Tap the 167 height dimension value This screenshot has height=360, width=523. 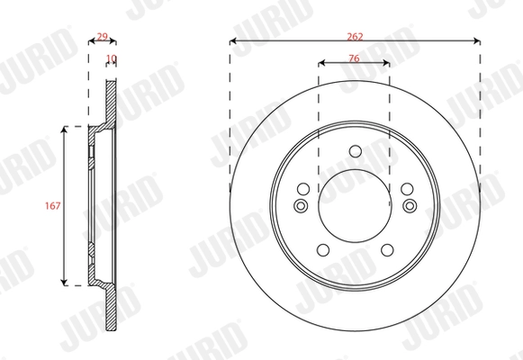point(53,205)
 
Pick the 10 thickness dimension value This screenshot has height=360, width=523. point(112,59)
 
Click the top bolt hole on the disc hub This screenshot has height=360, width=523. point(355,150)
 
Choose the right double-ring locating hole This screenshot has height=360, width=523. point(410,206)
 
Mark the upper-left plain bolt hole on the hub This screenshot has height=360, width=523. point(303,189)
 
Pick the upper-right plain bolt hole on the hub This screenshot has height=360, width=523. point(407,189)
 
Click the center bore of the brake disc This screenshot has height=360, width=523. point(355,206)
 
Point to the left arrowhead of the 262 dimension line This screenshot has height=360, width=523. point(233,40)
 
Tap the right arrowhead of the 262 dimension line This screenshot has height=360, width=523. point(476,40)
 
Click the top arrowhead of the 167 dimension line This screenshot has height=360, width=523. point(66,129)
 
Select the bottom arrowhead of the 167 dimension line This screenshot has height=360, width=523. point(66,282)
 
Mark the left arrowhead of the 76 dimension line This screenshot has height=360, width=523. point(322,64)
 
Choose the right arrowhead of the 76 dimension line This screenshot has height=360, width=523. point(387,64)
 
